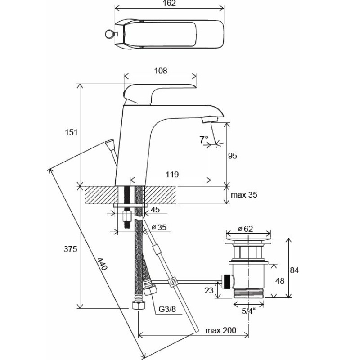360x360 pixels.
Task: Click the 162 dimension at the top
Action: [169, 4]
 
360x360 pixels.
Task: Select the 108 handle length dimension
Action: [161, 71]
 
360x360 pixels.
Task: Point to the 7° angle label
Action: [204, 140]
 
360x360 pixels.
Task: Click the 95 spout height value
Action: [232, 156]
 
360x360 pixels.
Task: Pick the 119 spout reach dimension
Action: [172, 175]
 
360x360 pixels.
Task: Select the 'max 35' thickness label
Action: [244, 195]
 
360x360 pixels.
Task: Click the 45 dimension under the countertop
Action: [155, 209]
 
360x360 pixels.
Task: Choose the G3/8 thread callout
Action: [167, 310]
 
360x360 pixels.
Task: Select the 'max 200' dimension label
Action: [221, 331]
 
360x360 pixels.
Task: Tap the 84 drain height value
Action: [294, 270]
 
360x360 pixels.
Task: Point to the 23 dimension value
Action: [209, 291]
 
